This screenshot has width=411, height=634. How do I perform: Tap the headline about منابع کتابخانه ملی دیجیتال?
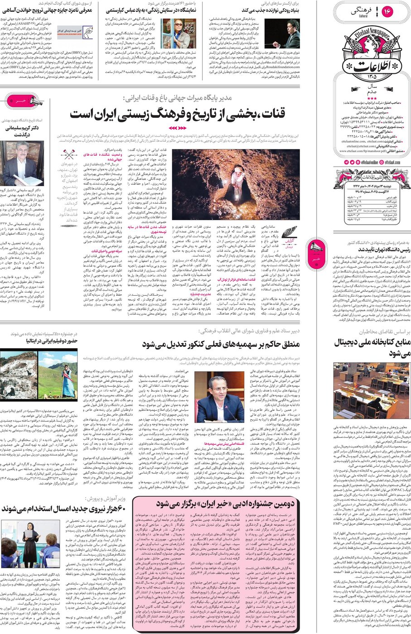pyautogui.click(x=372, y=347)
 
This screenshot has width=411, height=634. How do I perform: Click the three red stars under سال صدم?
pyautogui.click(x=372, y=98)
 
